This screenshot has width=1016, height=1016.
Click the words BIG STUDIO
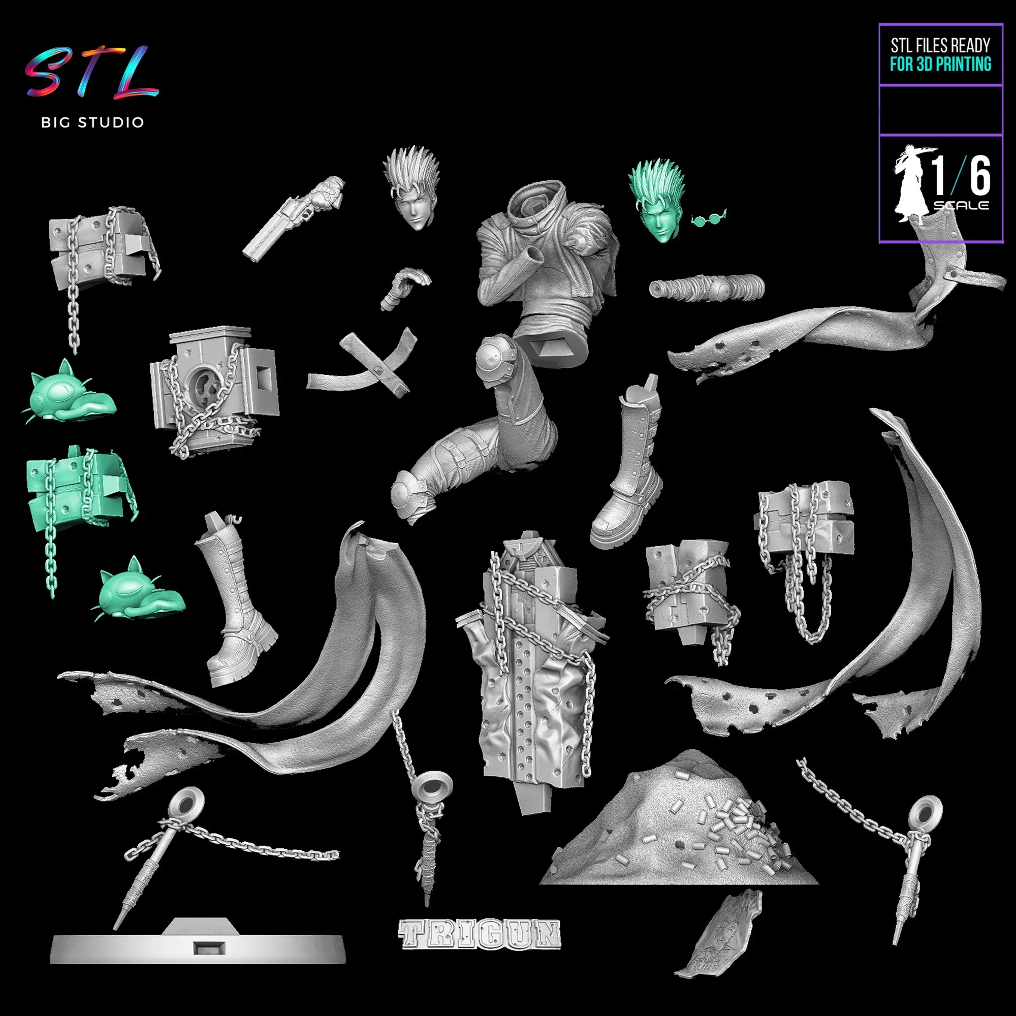pyautogui.click(x=92, y=122)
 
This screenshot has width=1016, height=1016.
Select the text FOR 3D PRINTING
pyautogui.click(x=940, y=64)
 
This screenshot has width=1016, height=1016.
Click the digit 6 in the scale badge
pyautogui.click(x=980, y=175)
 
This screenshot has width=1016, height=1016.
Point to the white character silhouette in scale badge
pyautogui.click(x=911, y=184)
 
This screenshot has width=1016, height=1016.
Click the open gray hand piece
pyautogui.click(x=405, y=287)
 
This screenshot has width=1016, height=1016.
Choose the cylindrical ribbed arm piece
pyautogui.click(x=706, y=288)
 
